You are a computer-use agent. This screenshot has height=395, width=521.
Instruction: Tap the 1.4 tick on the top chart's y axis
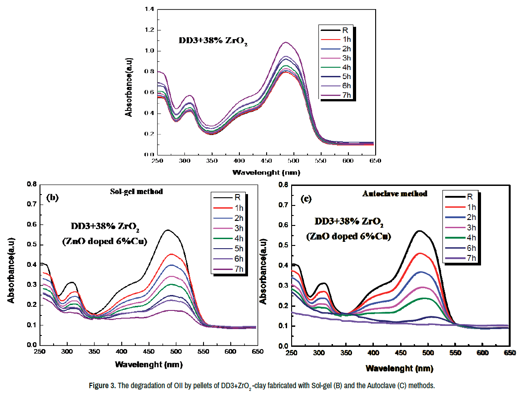point(149,9)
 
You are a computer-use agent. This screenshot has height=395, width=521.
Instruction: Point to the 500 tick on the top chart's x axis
point(293,161)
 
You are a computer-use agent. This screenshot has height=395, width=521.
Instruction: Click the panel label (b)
point(54,198)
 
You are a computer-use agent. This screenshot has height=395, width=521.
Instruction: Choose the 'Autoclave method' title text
point(395,194)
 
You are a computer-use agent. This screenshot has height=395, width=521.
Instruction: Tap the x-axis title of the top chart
point(266,172)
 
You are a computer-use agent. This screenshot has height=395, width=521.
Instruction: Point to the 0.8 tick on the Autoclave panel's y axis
point(283,185)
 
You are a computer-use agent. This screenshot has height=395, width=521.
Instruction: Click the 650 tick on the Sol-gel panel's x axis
point(257,351)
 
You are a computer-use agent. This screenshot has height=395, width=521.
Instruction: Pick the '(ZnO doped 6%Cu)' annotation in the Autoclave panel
point(348,236)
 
